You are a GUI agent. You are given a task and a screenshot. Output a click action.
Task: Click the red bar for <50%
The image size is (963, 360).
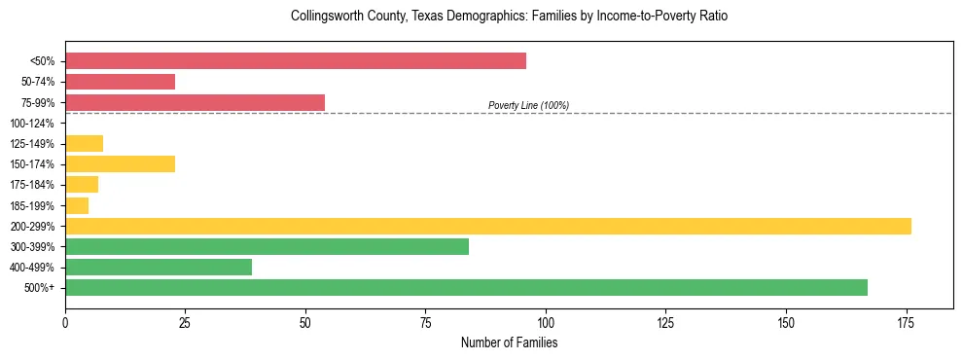point(296,61)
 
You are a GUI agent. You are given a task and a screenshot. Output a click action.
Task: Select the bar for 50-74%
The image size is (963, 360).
point(120,82)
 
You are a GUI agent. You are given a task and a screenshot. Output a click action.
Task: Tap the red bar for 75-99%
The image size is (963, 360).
point(195,102)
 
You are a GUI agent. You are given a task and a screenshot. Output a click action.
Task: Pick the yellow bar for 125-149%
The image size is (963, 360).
point(84,144)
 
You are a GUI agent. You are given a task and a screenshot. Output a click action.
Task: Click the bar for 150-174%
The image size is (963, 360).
point(120,164)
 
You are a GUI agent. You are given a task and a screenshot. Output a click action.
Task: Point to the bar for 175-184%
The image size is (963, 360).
point(82,185)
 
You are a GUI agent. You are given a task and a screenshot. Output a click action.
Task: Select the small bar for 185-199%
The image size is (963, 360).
point(77,205)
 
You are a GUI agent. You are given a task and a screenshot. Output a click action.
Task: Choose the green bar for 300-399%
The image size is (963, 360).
point(267,246)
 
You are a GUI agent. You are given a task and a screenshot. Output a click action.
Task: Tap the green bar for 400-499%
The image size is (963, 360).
point(159,267)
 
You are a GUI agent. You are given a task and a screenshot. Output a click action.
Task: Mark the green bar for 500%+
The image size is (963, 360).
point(466,287)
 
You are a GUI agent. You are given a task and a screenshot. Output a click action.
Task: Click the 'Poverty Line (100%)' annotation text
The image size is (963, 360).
point(528,105)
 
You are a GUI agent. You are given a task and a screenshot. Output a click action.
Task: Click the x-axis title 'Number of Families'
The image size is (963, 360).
point(509,343)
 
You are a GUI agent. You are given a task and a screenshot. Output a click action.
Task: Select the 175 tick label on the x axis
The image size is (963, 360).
point(906,321)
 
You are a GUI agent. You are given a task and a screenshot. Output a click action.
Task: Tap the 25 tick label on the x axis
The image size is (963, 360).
point(185,321)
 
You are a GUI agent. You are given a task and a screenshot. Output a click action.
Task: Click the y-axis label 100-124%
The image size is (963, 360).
point(32,124)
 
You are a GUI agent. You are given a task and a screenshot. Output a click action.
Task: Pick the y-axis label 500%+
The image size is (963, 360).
point(39,288)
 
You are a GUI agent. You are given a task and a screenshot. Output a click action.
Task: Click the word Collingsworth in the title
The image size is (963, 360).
point(326,17)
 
